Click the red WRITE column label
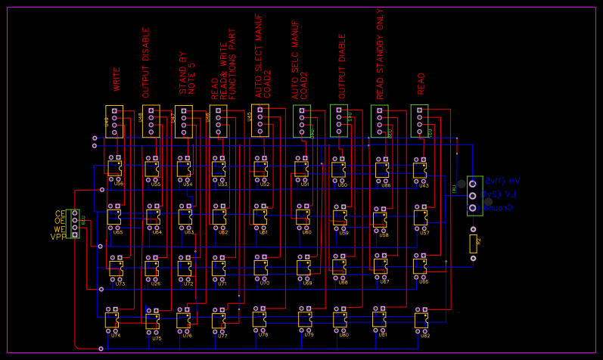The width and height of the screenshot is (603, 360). click(117, 79)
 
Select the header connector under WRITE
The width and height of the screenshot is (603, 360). click(114, 122)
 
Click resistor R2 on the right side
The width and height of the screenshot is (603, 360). click(474, 244)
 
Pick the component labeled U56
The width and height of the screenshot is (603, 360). click(114, 169)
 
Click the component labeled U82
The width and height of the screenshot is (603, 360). click(421, 321)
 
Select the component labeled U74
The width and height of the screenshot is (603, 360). click(111, 320)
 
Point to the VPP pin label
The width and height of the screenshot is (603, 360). click(58, 237)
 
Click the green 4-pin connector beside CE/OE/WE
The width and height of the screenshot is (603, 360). click(73, 224)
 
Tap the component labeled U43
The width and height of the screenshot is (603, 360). click(420, 171)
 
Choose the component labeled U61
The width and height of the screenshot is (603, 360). click(260, 218)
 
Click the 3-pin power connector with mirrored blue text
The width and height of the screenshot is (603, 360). click(474, 196)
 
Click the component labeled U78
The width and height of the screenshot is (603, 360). click(260, 319)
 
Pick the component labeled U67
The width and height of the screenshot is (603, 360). click(381, 266)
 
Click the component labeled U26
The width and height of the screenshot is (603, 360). click(152, 268)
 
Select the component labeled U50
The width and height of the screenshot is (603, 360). click(338, 170)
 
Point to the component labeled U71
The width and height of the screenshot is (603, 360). click(219, 268)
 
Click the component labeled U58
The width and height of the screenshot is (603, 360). click(380, 219)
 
